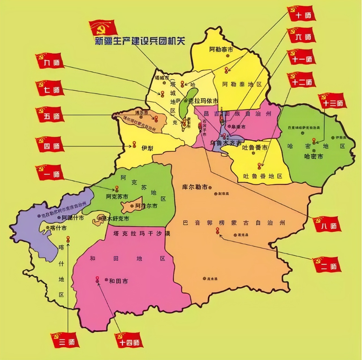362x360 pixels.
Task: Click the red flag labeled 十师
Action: coord(301,14)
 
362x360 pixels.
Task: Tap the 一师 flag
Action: coord(50,173)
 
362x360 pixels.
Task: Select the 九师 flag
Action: coord(50,61)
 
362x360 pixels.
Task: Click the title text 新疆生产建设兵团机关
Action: coord(140,41)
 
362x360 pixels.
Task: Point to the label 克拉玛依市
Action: coord(203,101)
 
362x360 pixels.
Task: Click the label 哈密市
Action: coord(313,156)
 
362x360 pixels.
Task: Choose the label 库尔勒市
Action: coord(195,187)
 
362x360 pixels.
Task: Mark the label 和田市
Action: coord(118,281)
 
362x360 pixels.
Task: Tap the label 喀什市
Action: coord(58,228)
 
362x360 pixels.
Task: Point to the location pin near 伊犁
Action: coord(134,144)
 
